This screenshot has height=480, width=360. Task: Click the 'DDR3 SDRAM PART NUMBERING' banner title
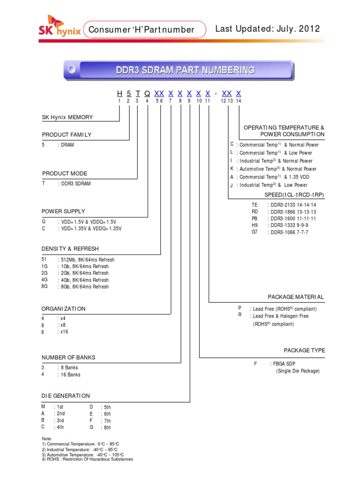[186, 70]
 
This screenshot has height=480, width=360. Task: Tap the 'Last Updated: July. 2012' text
[267, 29]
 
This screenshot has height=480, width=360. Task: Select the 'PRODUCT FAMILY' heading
[67, 135]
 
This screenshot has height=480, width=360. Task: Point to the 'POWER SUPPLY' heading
[63, 211]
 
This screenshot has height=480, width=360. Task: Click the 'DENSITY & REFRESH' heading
[70, 248]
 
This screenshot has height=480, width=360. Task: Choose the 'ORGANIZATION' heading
[64, 308]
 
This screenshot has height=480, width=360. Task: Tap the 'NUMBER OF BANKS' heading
[68, 357]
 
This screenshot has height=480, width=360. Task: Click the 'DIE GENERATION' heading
[66, 396]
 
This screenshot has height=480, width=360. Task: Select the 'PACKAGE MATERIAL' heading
[295, 297]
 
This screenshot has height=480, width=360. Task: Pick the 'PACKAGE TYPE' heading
[304, 350]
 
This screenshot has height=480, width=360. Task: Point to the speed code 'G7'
[255, 232]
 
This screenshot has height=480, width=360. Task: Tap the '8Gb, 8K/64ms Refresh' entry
[83, 286]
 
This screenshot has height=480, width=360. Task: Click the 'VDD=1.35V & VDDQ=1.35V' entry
[90, 228]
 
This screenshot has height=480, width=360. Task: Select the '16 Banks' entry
[69, 375]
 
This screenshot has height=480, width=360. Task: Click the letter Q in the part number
[147, 94]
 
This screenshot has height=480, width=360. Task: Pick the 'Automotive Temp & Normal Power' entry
[277, 169]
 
